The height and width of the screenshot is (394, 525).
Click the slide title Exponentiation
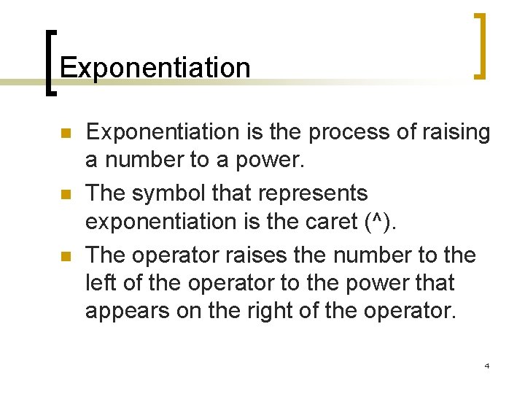[155, 68]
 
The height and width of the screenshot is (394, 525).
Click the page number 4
[486, 365]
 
